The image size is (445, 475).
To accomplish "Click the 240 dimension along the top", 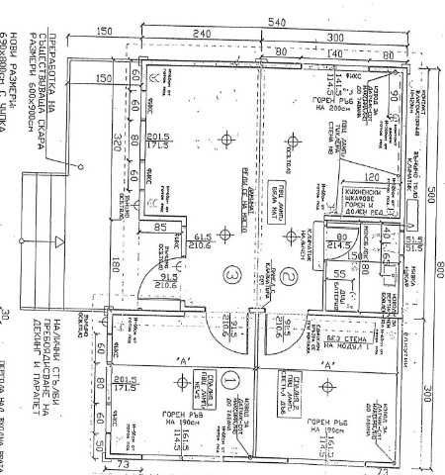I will tap(202, 34).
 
